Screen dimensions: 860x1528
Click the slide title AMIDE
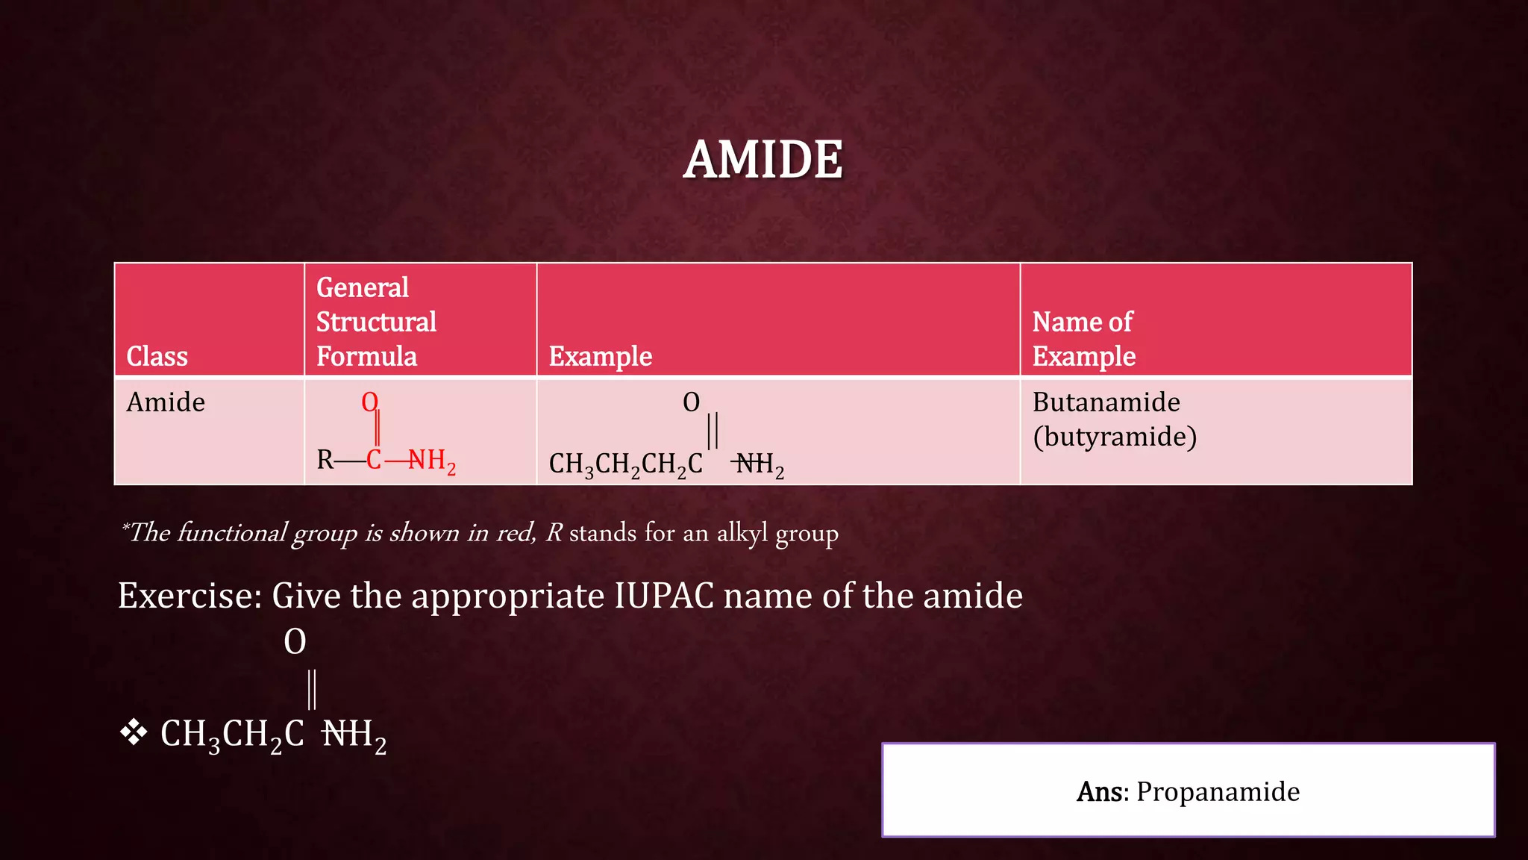[x=763, y=160]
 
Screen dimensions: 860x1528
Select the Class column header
[x=157, y=356]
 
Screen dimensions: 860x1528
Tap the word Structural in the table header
[x=376, y=322]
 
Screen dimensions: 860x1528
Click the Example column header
[x=601, y=356]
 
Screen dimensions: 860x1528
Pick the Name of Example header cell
[x=1083, y=339]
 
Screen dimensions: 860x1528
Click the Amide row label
[x=166, y=402]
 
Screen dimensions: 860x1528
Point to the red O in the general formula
[x=369, y=402]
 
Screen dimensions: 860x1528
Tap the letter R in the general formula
[x=325, y=460]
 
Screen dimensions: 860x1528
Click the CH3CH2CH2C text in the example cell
[x=625, y=464]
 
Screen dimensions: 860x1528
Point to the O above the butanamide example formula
[x=692, y=403]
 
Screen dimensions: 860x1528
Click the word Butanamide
[x=1106, y=402]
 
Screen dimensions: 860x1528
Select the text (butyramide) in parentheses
[x=1115, y=437]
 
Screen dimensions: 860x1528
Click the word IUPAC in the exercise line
[x=664, y=596]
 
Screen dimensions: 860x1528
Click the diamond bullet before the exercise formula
[x=134, y=732]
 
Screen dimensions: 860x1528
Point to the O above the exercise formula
[x=295, y=642]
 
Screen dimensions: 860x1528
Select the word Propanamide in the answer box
[x=1218, y=791]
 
